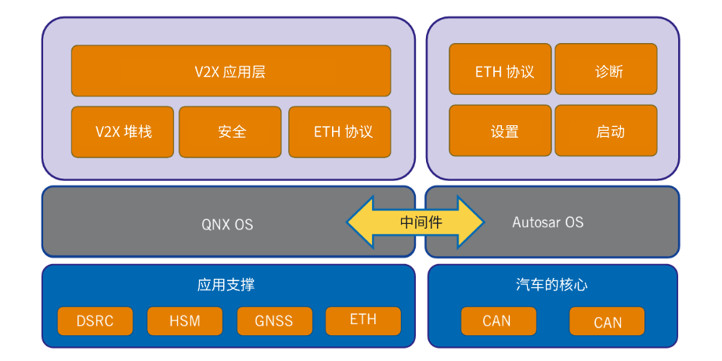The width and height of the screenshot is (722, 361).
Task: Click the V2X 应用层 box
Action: point(230,71)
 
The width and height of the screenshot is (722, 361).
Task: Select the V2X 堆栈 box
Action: point(123,132)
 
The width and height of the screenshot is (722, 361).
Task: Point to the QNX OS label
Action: point(227,224)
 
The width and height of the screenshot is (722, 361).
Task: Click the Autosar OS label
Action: point(547,222)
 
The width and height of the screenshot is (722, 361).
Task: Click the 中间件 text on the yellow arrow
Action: point(421,222)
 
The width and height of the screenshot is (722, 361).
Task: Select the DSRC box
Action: point(95,320)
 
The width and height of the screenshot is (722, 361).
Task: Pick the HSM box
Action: point(184,320)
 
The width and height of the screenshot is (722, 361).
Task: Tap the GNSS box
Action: point(273,320)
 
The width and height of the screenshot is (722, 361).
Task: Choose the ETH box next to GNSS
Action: point(363,320)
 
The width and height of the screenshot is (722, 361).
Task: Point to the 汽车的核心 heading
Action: point(551,285)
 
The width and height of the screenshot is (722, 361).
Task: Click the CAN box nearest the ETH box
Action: point(497,321)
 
